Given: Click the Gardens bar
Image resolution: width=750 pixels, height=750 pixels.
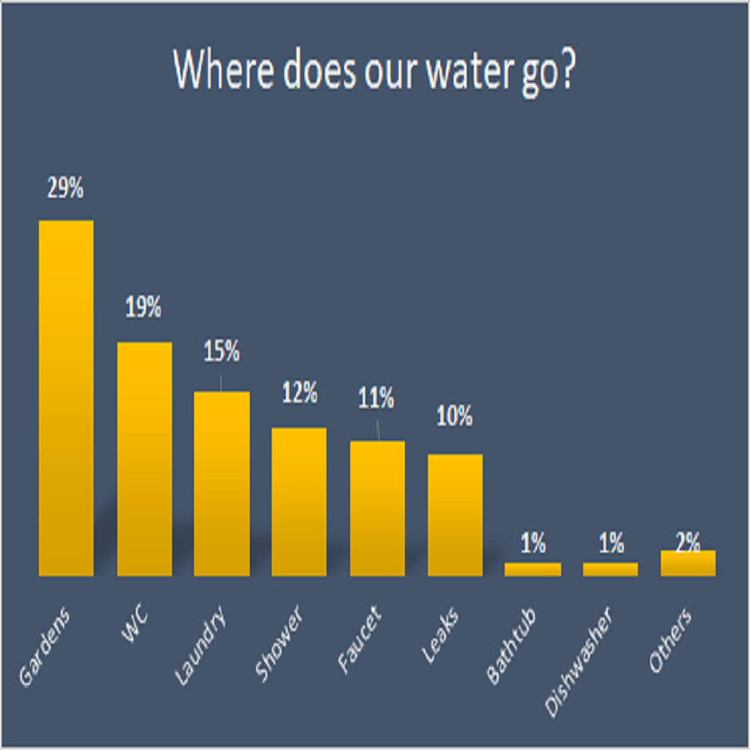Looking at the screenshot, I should tap(66, 397).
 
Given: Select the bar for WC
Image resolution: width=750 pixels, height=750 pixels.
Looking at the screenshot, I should tap(144, 459).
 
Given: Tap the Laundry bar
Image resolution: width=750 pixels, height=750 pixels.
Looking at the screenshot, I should tap(221, 484).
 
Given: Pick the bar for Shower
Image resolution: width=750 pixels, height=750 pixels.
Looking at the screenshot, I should tap(299, 501).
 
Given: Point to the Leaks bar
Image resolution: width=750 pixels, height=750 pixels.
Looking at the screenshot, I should tap(455, 514).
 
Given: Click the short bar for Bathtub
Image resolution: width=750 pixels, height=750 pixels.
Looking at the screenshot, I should tap(533, 569).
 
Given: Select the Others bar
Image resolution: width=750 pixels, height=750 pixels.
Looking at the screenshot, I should tap(688, 563).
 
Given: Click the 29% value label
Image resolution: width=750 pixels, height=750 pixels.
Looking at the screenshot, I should tap(66, 190).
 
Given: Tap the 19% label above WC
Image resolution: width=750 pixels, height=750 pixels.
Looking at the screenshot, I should tap(144, 309).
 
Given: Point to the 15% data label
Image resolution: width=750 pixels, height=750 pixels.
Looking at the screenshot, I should tap(221, 352).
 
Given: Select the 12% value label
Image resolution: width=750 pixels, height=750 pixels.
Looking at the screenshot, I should tap(299, 393).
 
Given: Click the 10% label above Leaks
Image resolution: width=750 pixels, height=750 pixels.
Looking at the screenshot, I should tap(455, 416).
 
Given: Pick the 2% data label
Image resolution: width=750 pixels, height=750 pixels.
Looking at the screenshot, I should tap(688, 541).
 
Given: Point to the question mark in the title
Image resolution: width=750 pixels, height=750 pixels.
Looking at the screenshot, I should tap(567, 71).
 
